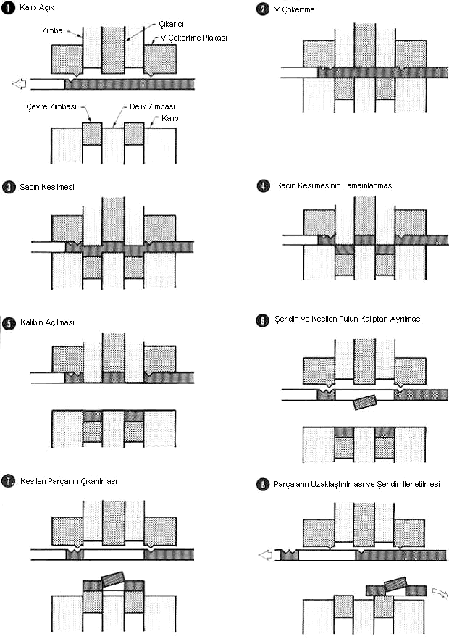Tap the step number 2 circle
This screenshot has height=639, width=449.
click(x=263, y=9)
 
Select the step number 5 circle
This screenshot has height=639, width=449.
click(x=8, y=322)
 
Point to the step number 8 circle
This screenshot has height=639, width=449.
click(x=263, y=484)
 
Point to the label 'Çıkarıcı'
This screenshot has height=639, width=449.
click(x=171, y=23)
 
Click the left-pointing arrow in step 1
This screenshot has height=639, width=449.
click(x=20, y=84)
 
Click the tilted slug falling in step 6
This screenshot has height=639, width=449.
click(x=366, y=403)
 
